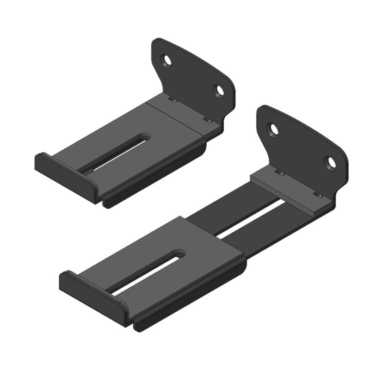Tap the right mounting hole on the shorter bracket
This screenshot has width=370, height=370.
click(219, 90)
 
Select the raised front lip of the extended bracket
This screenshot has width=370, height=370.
click(90, 294)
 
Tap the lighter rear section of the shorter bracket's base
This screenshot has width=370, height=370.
click(178, 116)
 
